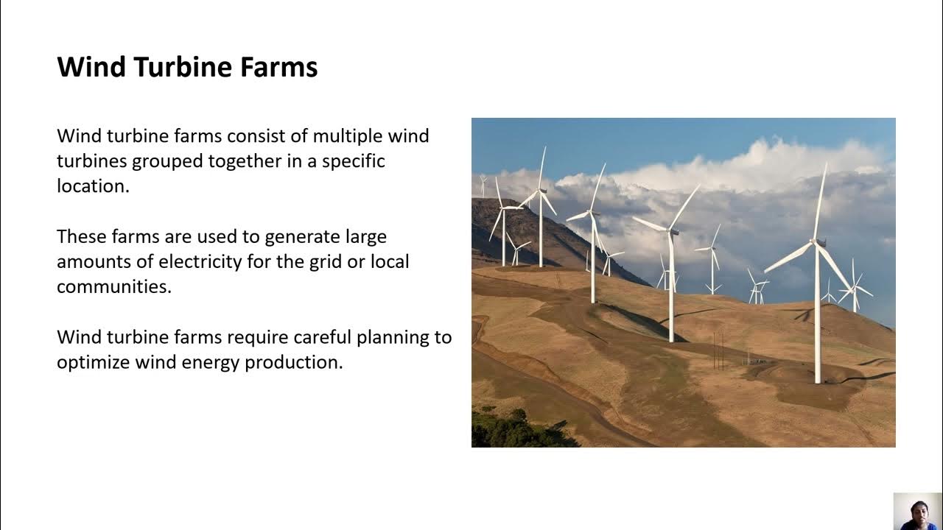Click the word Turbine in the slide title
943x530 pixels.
click(x=183, y=67)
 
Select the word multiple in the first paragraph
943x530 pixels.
click(x=347, y=137)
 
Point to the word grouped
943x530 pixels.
click(x=167, y=162)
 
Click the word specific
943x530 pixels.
click(x=353, y=162)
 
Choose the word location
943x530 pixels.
click(x=93, y=186)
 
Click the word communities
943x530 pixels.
click(x=114, y=287)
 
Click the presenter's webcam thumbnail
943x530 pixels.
click(x=918, y=511)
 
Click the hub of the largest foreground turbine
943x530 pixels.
click(x=818, y=243)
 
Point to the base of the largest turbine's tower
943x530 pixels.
click(x=818, y=381)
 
